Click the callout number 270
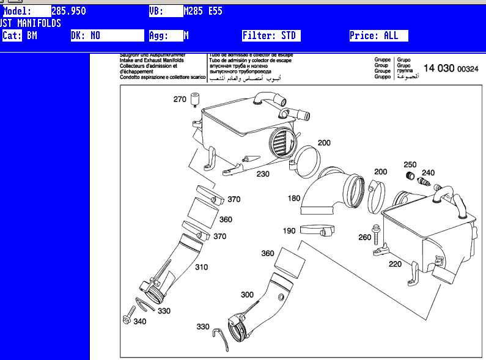pyautogui.click(x=179, y=99)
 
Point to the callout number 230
pyautogui.click(x=262, y=174)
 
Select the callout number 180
pyautogui.click(x=294, y=198)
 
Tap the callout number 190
pyautogui.click(x=289, y=231)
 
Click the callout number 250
pyautogui.click(x=410, y=164)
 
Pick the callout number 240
pyautogui.click(x=428, y=173)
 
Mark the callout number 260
pyautogui.click(x=364, y=237)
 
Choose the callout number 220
pyautogui.click(x=396, y=264)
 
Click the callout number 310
pyautogui.click(x=201, y=267)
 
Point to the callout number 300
pyautogui.click(x=247, y=295)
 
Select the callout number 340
pyautogui.click(x=139, y=321)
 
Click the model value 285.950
pyautogui.click(x=68, y=11)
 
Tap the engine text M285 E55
pyautogui.click(x=204, y=11)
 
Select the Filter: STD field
pyautogui.click(x=270, y=35)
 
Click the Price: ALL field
pyautogui.click(x=374, y=35)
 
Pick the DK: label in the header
pyautogui.click(x=78, y=35)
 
